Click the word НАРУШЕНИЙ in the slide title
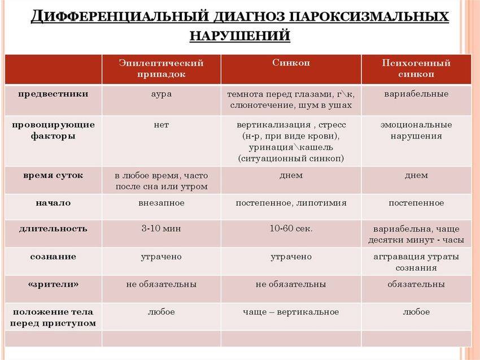point(239,36)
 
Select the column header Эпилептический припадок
point(161,68)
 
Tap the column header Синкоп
point(291,63)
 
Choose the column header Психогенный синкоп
point(416,68)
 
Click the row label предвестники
point(53,94)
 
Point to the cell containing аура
point(161,94)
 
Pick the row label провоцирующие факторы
point(53,131)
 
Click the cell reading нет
point(161,125)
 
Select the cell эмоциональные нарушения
point(416,131)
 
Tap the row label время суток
point(53,175)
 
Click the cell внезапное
point(161,202)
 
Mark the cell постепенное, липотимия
point(291,202)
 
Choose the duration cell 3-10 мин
point(161,228)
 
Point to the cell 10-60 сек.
point(291,228)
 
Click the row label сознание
point(53,257)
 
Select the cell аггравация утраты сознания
point(416,262)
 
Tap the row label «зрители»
point(53,284)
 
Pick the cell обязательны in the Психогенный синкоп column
point(416,284)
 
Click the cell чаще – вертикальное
point(291,312)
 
